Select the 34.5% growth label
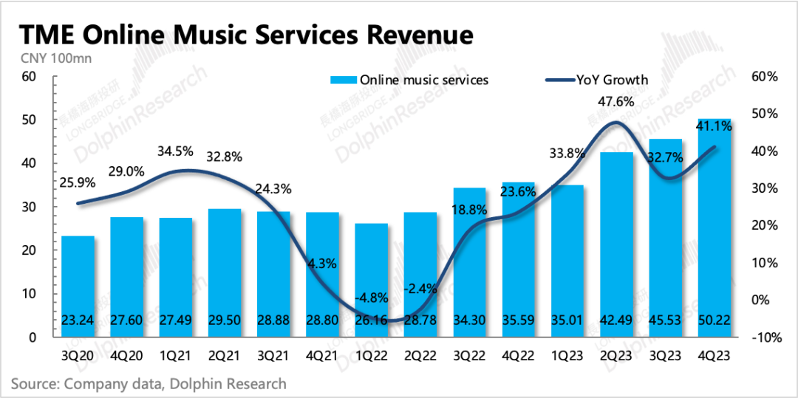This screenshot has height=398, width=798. tap(175, 151)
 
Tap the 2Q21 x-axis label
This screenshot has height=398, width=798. tap(225, 355)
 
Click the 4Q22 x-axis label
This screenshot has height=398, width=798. tap(519, 355)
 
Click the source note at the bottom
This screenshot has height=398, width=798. tap(148, 384)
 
